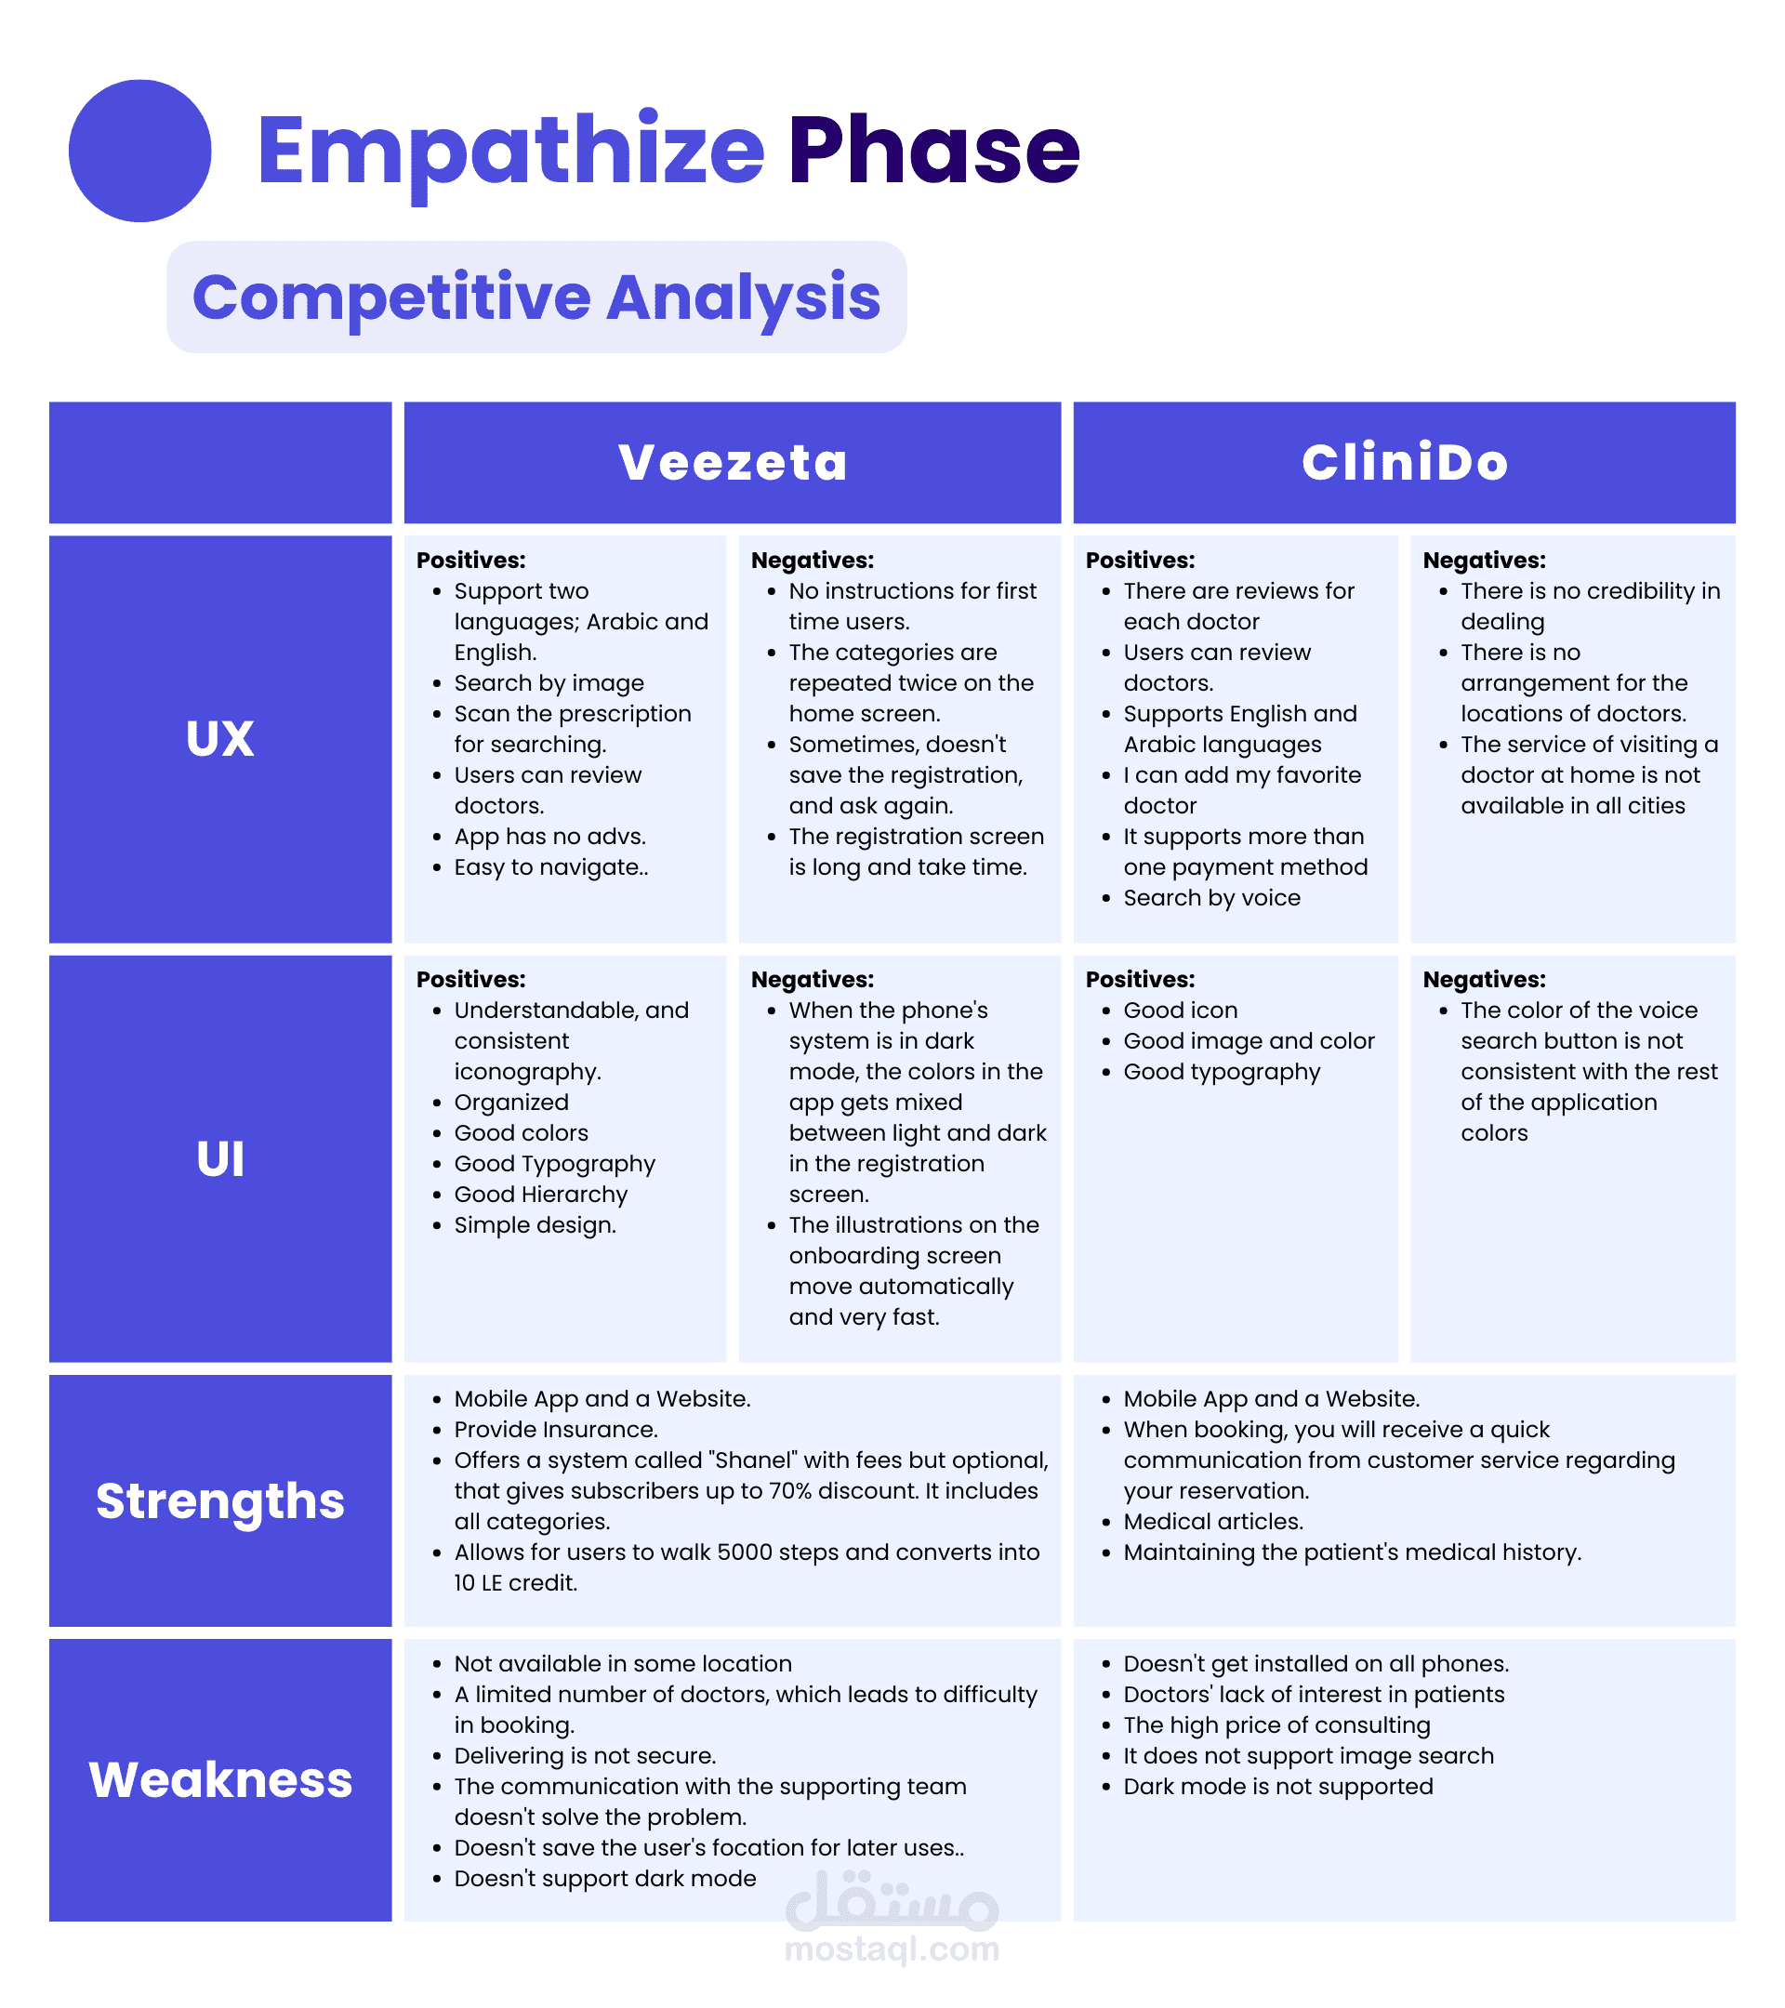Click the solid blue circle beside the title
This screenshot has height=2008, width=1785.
139,151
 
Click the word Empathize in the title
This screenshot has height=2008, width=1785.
509,151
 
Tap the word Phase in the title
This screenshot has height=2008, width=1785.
933,151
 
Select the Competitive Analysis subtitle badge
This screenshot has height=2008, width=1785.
536,297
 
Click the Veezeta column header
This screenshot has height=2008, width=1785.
732,463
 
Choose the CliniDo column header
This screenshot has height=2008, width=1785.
1404,463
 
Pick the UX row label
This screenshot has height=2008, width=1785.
220,739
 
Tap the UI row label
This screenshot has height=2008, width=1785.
220,1159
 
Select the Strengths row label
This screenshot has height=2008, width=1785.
220,1501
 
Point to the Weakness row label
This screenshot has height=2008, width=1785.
220,1780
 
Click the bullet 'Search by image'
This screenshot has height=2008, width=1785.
549,682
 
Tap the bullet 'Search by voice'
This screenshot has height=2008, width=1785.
1211,898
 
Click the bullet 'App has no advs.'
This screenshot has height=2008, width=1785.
549,837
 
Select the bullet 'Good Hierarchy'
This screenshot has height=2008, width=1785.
540,1195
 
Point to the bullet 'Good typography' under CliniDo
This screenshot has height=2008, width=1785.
1221,1072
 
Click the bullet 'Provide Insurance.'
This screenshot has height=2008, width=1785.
555,1430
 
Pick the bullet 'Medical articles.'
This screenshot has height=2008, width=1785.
1213,1522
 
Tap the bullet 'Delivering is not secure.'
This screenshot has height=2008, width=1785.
585,1755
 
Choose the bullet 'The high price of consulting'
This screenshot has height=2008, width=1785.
1276,1725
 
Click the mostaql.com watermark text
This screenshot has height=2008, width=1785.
892,1949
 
